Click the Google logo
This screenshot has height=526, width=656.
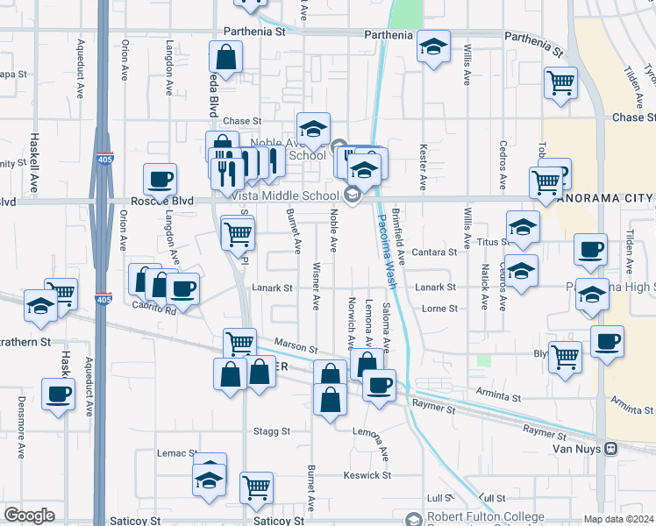29,515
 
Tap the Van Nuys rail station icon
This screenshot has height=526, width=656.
612,448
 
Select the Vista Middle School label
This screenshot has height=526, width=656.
296,195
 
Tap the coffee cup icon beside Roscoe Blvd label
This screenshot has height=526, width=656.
160,179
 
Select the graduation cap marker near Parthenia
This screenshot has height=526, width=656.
432,47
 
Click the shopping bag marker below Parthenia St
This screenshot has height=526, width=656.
225,58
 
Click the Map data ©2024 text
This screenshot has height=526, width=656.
618,519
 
